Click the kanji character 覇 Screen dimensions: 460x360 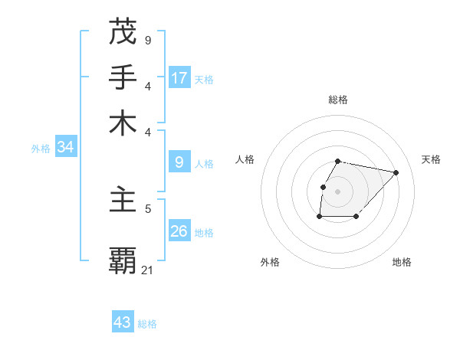[x=123, y=260]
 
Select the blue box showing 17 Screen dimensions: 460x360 [x=179, y=77]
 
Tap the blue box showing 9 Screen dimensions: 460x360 [x=179, y=162]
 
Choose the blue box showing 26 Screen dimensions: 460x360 [x=179, y=231]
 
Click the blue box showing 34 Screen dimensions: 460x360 [x=65, y=147]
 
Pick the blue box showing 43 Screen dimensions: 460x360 [x=123, y=322]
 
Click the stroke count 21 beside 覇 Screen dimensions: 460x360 [x=148, y=269]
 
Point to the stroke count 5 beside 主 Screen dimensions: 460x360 [x=148, y=208]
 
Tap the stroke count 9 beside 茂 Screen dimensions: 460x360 [x=148, y=40]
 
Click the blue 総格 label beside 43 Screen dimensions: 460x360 [x=147, y=324]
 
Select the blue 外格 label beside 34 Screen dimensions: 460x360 [x=41, y=149]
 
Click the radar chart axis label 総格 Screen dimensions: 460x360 [x=338, y=100]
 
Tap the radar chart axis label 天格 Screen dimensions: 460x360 [x=431, y=159]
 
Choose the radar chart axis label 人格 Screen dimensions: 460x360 [x=245, y=159]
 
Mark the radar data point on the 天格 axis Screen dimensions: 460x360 [x=396, y=172]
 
